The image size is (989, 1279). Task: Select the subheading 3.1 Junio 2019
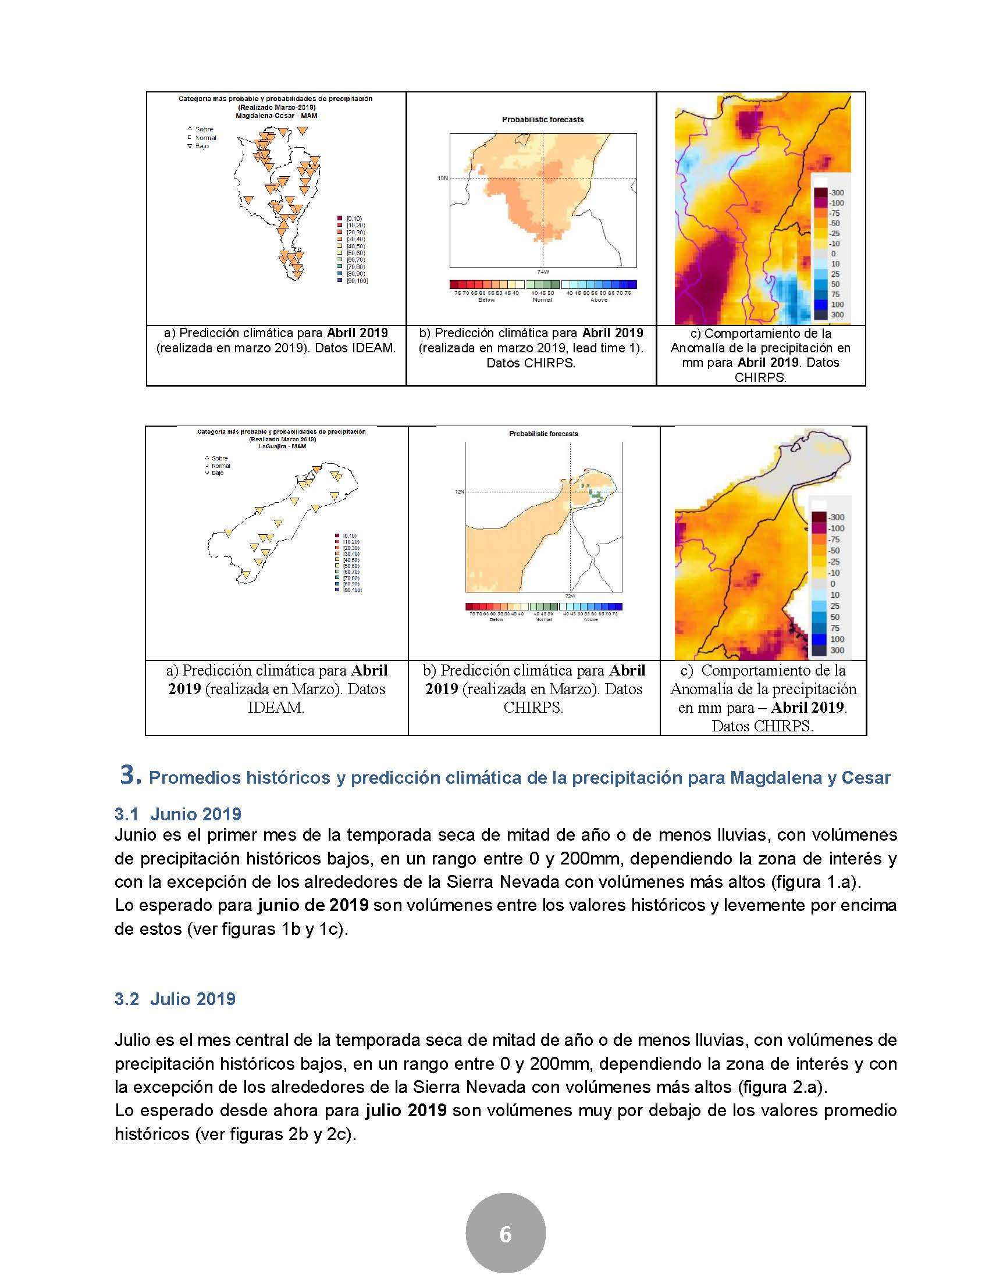pyautogui.click(x=177, y=814)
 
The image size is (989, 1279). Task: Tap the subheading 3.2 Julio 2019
pyautogui.click(x=175, y=999)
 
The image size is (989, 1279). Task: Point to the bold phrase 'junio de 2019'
pyautogui.click(x=313, y=905)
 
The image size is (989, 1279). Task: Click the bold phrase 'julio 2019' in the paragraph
pyautogui.click(x=405, y=1110)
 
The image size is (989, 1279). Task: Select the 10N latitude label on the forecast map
pyautogui.click(x=442, y=178)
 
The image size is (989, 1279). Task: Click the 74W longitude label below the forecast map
pyautogui.click(x=543, y=271)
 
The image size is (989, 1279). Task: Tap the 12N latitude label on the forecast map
pyautogui.click(x=459, y=492)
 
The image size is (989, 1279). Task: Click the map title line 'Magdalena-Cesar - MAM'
pyautogui.click(x=275, y=116)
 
